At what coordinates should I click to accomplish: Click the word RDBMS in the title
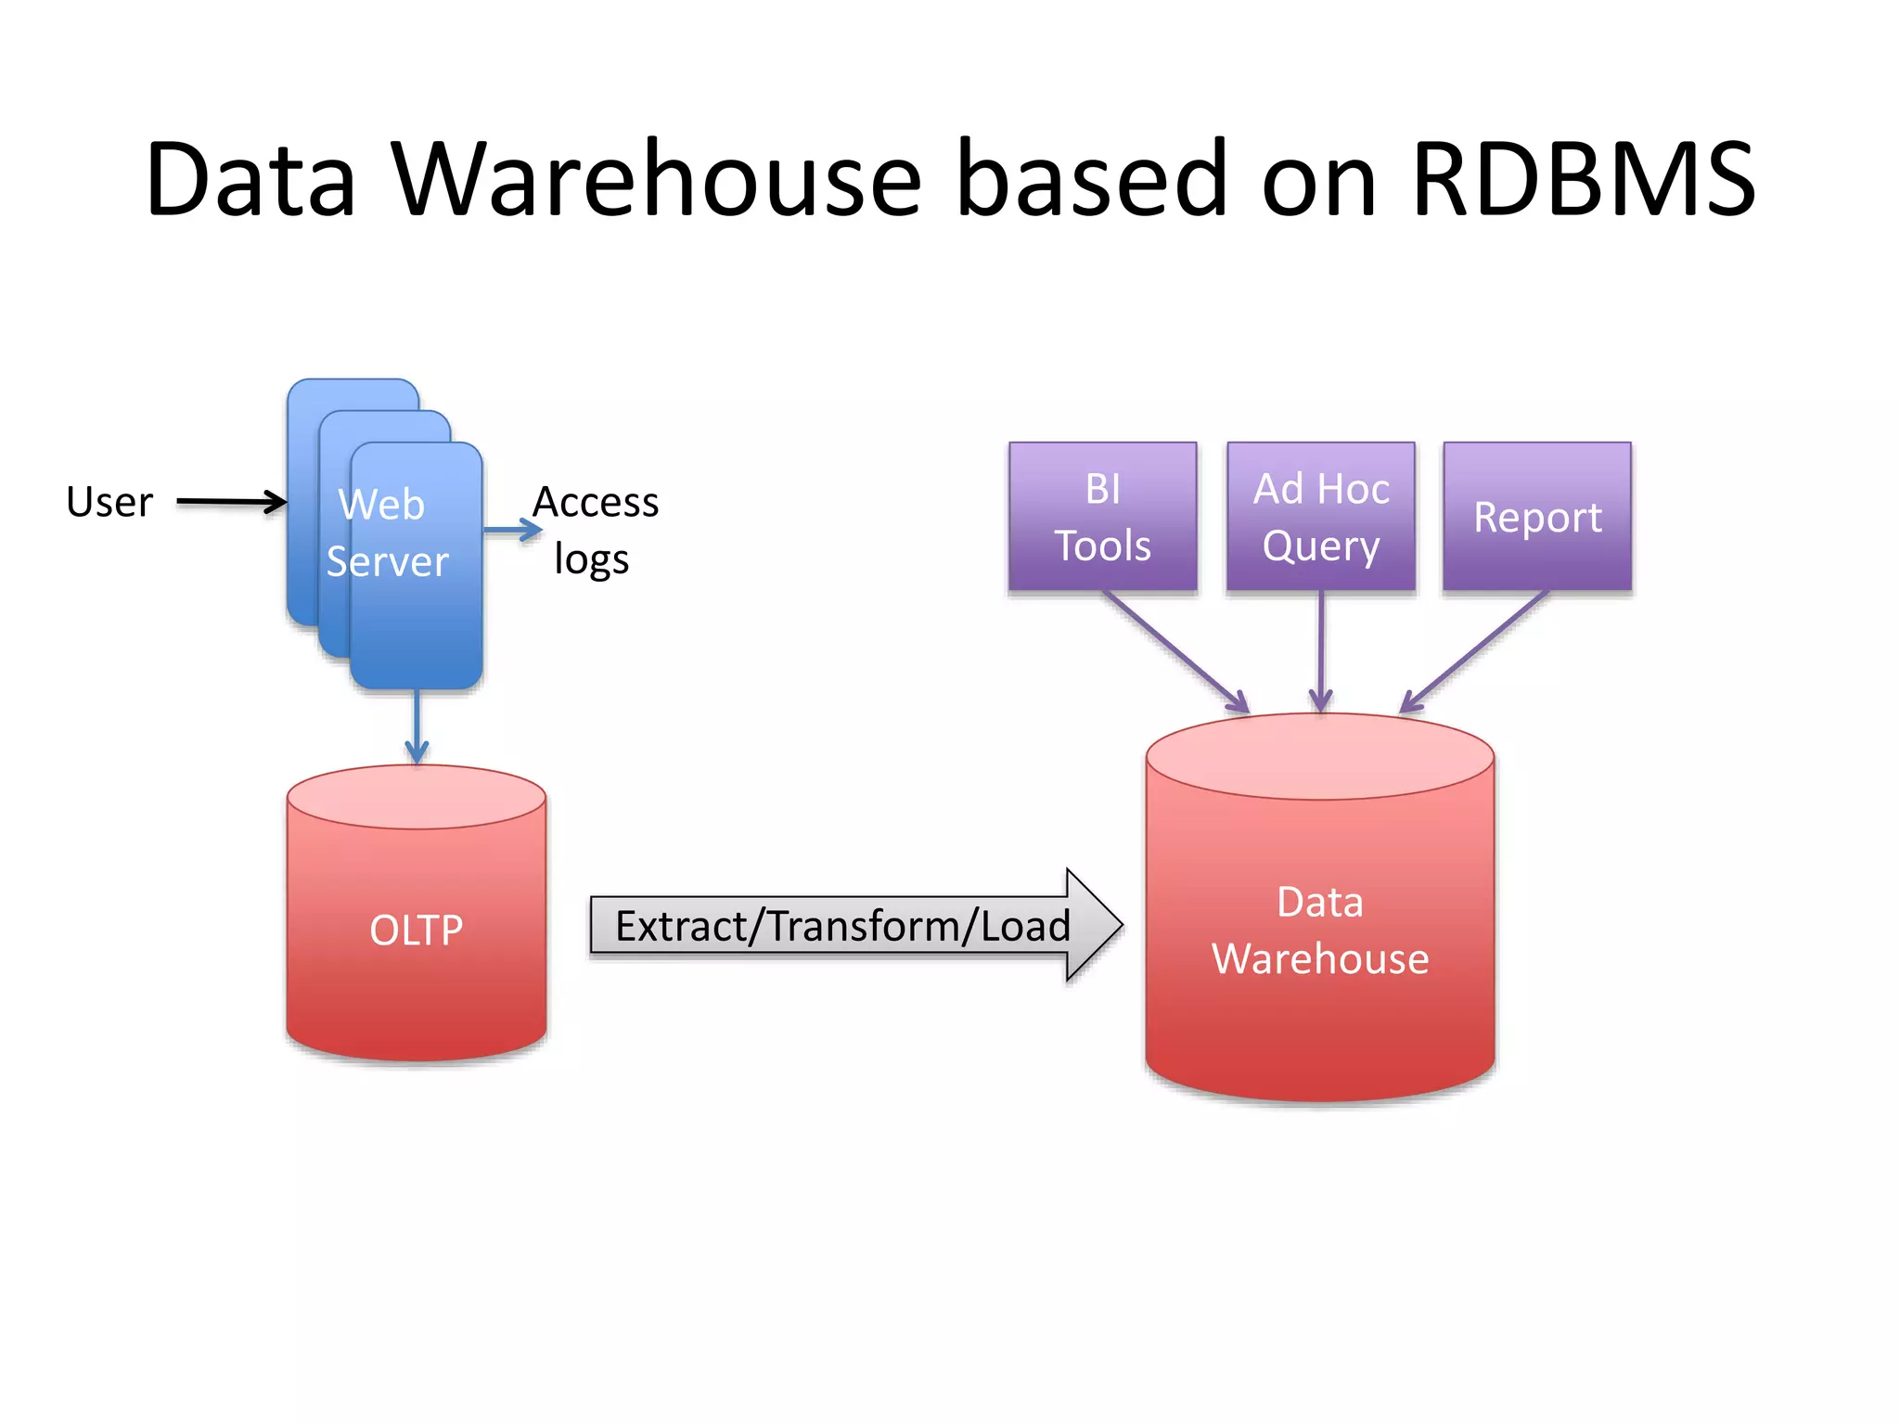[1582, 178]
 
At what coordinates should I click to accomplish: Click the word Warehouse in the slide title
[656, 178]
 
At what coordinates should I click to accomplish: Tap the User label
[109, 502]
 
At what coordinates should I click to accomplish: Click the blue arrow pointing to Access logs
[512, 530]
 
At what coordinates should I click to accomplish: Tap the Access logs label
[594, 530]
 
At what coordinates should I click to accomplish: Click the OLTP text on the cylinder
[416, 931]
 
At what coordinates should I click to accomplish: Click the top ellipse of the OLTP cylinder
[416, 796]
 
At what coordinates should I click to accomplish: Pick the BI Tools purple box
[1102, 517]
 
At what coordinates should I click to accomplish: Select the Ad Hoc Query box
[1321, 517]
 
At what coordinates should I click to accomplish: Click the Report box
[1537, 517]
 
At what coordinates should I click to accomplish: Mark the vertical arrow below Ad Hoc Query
[1321, 651]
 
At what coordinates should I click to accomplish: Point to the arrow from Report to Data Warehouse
[1475, 651]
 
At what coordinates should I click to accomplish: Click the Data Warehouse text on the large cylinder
[1320, 931]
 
